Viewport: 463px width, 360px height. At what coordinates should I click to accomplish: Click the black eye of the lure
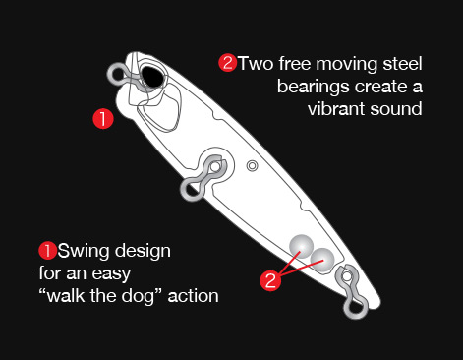pyautogui.click(x=151, y=77)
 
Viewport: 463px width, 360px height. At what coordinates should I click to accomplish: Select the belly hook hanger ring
pyautogui.click(x=188, y=190)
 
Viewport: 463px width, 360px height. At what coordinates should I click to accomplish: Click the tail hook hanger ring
pyautogui.click(x=356, y=310)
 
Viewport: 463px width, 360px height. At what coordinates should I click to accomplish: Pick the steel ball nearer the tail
pyautogui.click(x=322, y=261)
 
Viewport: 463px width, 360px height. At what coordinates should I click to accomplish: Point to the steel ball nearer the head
pyautogui.click(x=301, y=246)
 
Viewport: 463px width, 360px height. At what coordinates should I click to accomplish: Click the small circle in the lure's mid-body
pyautogui.click(x=252, y=166)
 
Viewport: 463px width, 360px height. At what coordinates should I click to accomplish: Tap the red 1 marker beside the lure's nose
pyautogui.click(x=103, y=118)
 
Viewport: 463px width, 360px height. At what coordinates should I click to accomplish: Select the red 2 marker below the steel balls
pyautogui.click(x=270, y=280)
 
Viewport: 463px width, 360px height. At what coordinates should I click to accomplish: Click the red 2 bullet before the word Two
pyautogui.click(x=227, y=63)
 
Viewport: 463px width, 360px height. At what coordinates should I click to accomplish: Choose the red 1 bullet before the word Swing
pyautogui.click(x=48, y=251)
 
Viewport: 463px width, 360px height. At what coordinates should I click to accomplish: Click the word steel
pyautogui.click(x=402, y=64)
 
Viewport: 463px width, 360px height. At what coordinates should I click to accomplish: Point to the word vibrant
pyautogui.click(x=336, y=109)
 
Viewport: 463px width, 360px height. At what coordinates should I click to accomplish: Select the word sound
pyautogui.click(x=396, y=109)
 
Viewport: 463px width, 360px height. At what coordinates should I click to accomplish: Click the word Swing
pyautogui.click(x=84, y=252)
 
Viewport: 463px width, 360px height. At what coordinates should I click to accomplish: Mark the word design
pyautogui.click(x=143, y=252)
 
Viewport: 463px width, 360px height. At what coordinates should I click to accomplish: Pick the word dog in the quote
pyautogui.click(x=138, y=297)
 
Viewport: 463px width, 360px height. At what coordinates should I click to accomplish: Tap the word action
pyautogui.click(x=193, y=296)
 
